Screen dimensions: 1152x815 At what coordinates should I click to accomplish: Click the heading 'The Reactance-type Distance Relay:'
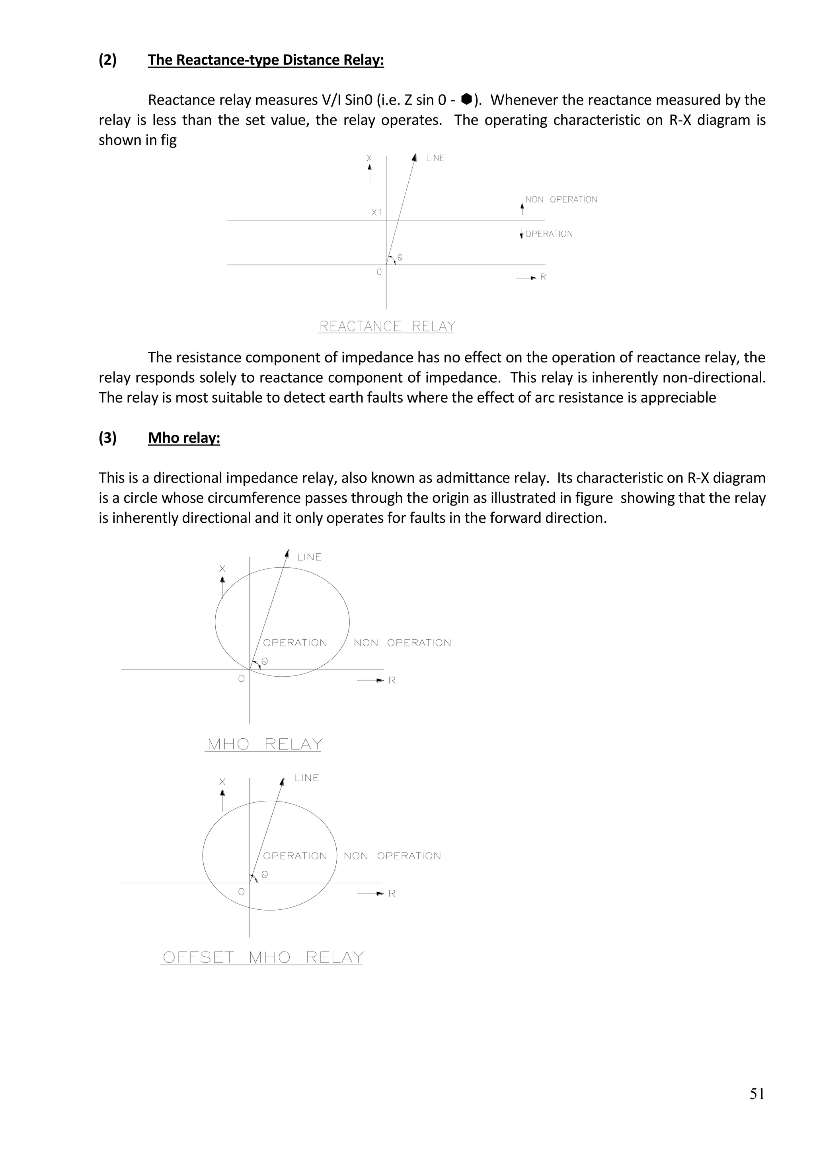[265, 60]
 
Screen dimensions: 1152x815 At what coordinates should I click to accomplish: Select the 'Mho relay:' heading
[184, 438]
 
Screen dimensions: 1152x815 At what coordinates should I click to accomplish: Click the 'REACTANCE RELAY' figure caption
[387, 327]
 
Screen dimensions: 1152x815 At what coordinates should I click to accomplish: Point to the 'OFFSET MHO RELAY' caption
[263, 957]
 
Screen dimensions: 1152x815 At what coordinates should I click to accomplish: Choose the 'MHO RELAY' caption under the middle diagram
[265, 744]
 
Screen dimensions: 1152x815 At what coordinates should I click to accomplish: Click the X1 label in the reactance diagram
[376, 213]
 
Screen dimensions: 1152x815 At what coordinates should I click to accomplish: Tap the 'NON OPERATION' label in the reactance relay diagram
[561, 200]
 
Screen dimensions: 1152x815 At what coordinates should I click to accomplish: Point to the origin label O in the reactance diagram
[379, 272]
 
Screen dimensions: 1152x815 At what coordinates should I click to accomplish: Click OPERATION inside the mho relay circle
[295, 643]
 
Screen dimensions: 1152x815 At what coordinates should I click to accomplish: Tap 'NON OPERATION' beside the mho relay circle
[402, 643]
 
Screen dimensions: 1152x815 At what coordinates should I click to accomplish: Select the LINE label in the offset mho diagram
[307, 778]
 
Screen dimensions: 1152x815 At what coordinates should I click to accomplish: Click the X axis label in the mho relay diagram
[222, 569]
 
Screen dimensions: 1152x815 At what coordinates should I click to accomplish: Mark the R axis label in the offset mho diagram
[392, 893]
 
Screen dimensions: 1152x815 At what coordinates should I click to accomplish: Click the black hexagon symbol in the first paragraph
[466, 99]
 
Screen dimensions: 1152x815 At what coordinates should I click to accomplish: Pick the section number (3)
[107, 438]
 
